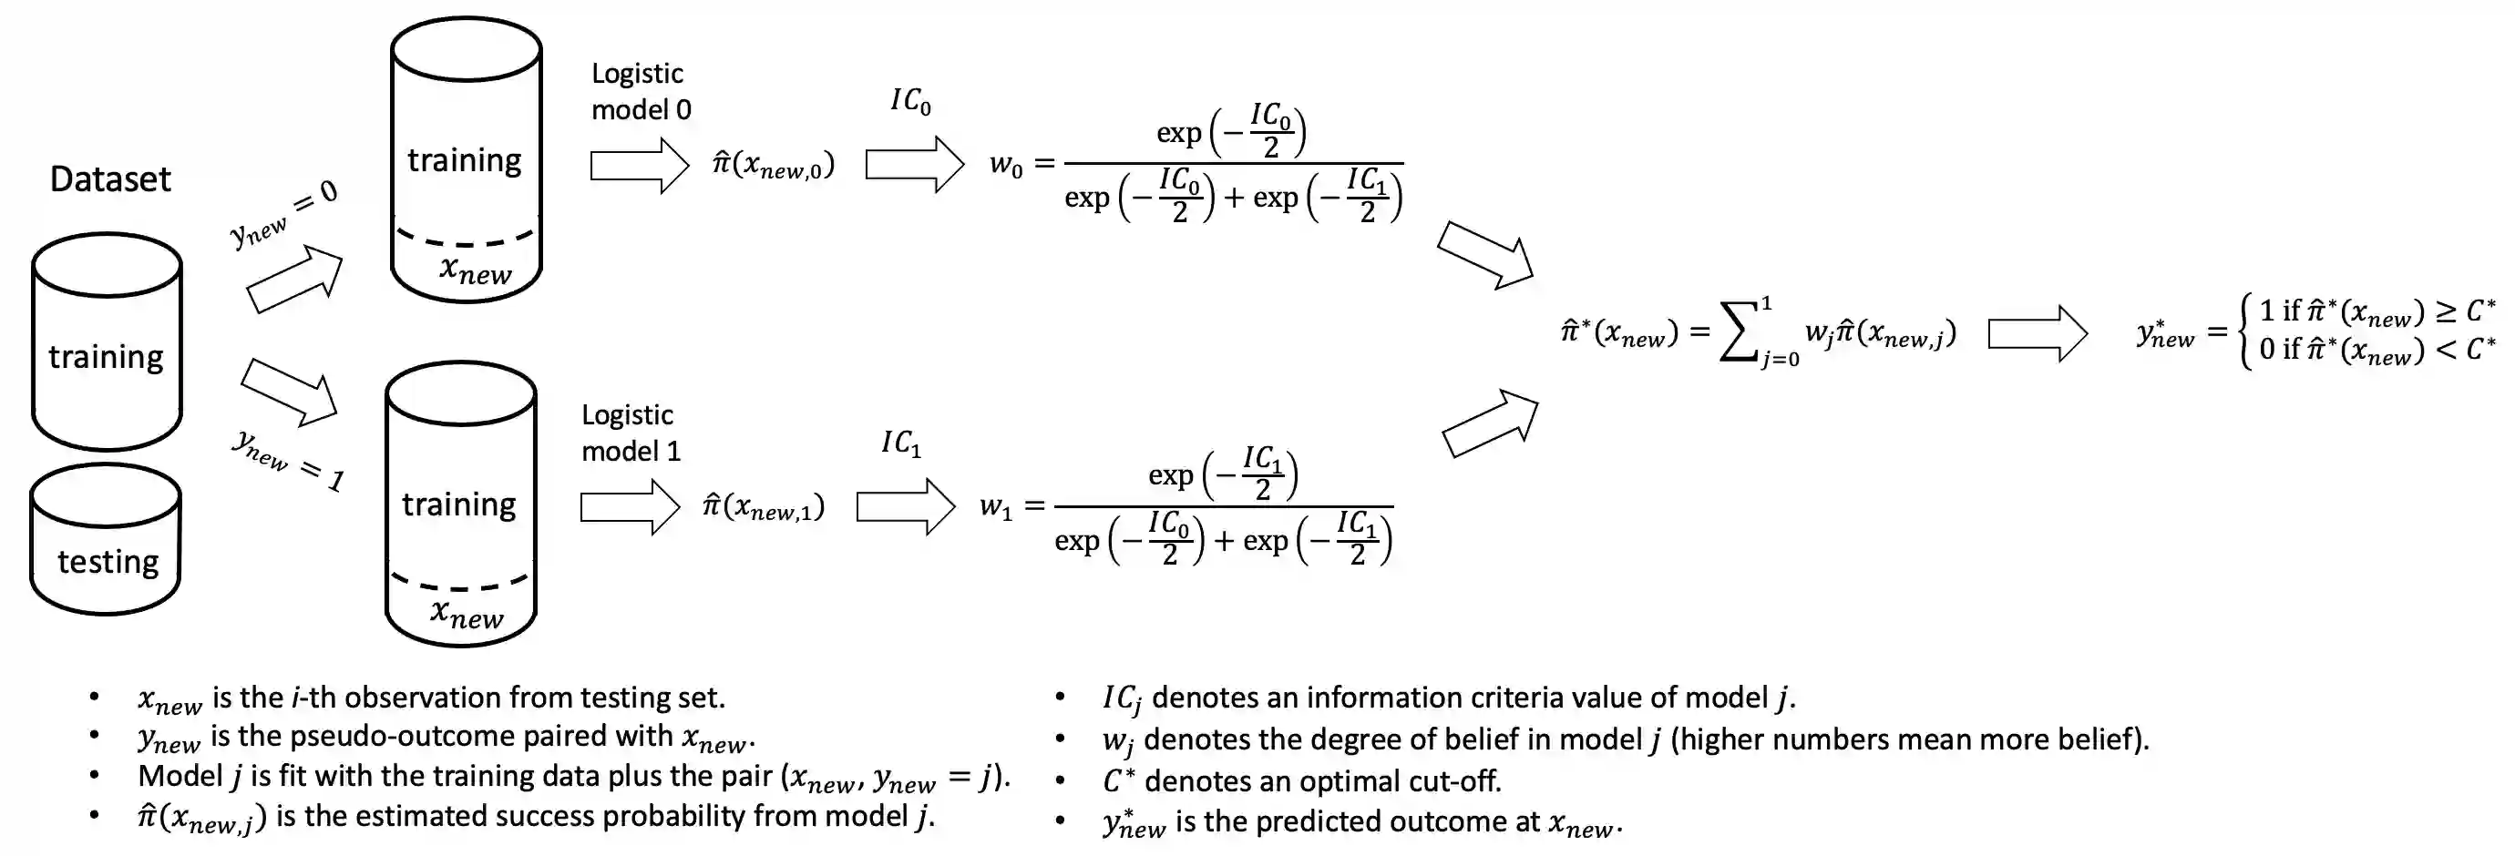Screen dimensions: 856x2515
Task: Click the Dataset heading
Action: tap(110, 179)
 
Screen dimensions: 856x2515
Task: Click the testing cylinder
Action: tap(106, 540)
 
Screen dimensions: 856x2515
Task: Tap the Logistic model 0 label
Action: tap(641, 92)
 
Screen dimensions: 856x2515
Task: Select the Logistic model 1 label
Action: tap(631, 433)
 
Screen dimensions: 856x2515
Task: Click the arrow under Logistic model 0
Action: tap(640, 165)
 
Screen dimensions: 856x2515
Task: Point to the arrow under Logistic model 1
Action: tap(630, 507)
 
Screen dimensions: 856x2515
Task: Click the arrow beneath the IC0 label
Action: tap(914, 164)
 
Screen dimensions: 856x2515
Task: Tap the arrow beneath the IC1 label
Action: tap(905, 506)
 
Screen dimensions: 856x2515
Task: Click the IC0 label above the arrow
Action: tap(910, 101)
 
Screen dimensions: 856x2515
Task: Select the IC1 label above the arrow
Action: tap(901, 443)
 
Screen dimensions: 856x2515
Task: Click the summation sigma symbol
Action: tap(1740, 331)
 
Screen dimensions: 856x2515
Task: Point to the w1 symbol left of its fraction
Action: tap(996, 507)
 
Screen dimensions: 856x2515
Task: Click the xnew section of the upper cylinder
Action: tap(475, 270)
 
